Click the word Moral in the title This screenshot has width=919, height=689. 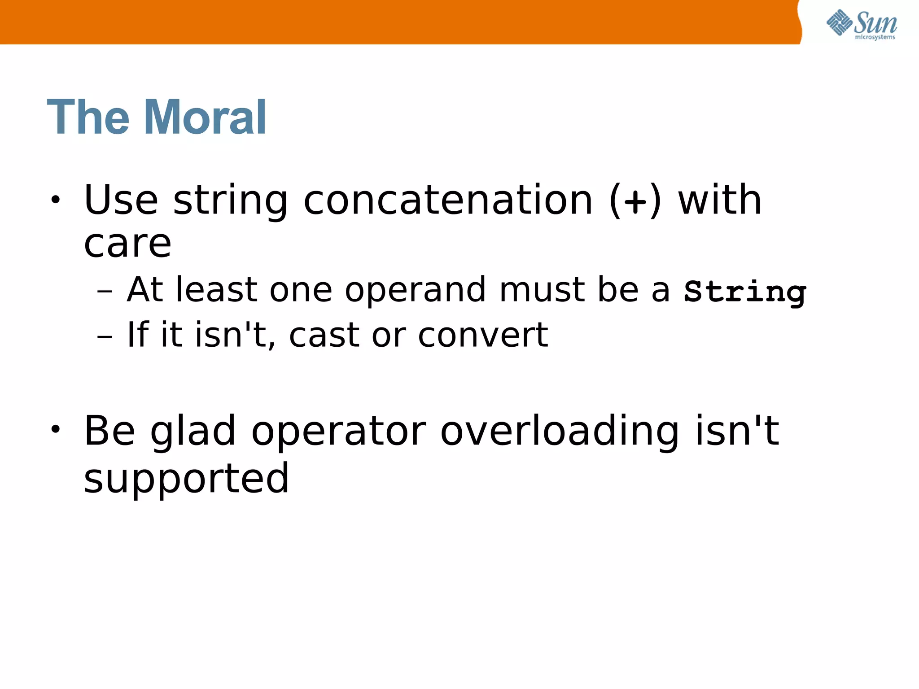pyautogui.click(x=205, y=118)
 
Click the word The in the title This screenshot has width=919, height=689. pyautogui.click(x=88, y=118)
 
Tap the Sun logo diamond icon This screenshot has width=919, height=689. pyautogui.click(x=839, y=22)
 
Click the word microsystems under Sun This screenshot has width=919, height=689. pyautogui.click(x=875, y=37)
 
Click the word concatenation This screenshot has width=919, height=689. pyautogui.click(x=448, y=200)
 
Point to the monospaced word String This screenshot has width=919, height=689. pyautogui.click(x=745, y=292)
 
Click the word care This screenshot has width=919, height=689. pyautogui.click(x=127, y=244)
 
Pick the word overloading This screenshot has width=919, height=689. pyautogui.click(x=560, y=432)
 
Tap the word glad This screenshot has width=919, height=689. pyautogui.click(x=193, y=432)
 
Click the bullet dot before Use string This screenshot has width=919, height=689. pyautogui.click(x=55, y=200)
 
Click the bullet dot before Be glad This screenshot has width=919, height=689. pyautogui.click(x=55, y=430)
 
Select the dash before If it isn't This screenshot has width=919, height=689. pyautogui.click(x=104, y=336)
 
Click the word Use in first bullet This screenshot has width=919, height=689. pyautogui.click(x=121, y=200)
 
